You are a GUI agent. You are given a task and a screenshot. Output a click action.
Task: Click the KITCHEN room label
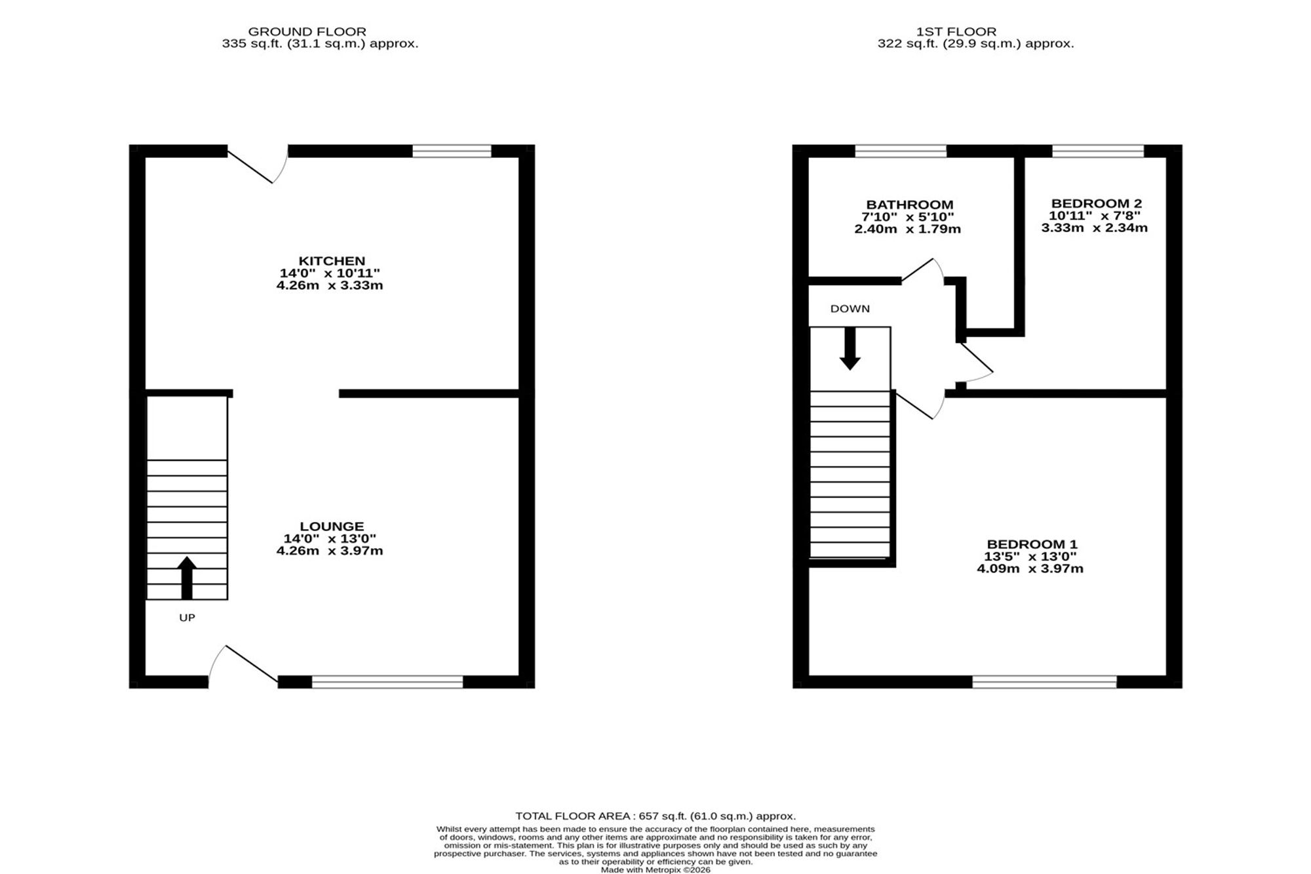click(332, 261)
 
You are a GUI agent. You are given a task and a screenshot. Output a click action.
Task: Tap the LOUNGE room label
click(332, 526)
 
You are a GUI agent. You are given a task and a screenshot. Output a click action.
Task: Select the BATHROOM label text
click(910, 205)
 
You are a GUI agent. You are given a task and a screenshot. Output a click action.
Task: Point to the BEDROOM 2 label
click(1096, 203)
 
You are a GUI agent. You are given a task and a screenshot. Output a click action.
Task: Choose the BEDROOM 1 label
click(1032, 544)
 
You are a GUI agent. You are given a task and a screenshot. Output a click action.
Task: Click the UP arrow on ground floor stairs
click(187, 578)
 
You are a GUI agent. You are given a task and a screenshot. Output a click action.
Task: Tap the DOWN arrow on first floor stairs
click(850, 349)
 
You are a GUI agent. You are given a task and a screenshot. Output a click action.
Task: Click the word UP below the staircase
click(187, 618)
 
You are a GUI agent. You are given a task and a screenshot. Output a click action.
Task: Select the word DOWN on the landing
click(850, 309)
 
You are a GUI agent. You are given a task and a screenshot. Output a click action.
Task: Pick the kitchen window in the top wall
click(452, 151)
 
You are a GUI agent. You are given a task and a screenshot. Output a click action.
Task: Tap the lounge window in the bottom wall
click(387, 682)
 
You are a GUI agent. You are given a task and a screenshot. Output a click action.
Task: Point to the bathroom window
click(901, 151)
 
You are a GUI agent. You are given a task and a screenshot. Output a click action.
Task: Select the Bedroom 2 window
click(1098, 151)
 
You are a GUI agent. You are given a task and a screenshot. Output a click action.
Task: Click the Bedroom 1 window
click(1044, 682)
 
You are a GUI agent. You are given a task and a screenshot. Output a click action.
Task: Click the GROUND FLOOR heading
click(307, 31)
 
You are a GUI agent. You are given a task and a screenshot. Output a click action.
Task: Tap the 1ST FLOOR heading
click(956, 31)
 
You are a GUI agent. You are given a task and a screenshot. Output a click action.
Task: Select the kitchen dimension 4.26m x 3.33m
click(330, 286)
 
